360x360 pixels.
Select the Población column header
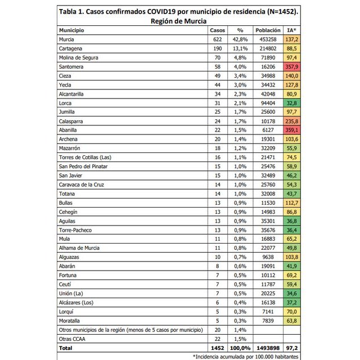267,30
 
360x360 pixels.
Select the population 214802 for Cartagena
267,49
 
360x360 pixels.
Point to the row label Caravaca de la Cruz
82,184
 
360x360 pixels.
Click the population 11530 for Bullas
268,202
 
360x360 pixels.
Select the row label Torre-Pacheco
75,230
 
